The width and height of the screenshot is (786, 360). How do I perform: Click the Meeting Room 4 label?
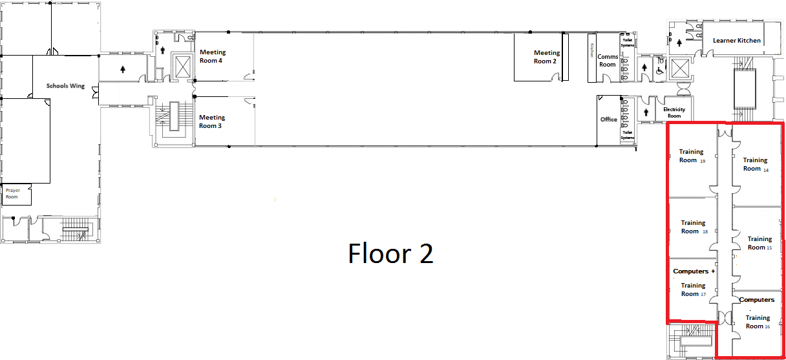(x=211, y=56)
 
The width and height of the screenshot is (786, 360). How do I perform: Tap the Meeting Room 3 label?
(x=212, y=122)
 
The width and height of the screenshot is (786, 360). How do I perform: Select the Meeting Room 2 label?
(x=546, y=57)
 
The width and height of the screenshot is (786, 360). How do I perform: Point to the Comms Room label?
(x=608, y=60)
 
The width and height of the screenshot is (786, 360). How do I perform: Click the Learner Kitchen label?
(x=737, y=41)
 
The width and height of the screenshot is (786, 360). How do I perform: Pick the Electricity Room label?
(x=674, y=112)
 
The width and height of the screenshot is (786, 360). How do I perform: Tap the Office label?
(x=609, y=120)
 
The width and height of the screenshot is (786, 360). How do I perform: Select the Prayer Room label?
(x=12, y=193)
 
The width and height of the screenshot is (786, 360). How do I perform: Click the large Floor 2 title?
(x=390, y=253)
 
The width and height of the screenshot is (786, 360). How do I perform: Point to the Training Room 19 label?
(x=692, y=156)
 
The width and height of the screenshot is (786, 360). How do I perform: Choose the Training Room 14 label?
(x=755, y=164)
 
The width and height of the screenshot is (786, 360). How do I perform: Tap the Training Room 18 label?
(x=694, y=227)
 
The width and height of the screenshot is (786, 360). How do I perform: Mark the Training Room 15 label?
(x=760, y=243)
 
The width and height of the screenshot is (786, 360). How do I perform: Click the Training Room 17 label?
(x=693, y=289)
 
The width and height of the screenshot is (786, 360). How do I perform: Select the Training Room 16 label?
(x=758, y=322)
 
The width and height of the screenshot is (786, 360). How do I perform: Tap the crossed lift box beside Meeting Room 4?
(x=183, y=67)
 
